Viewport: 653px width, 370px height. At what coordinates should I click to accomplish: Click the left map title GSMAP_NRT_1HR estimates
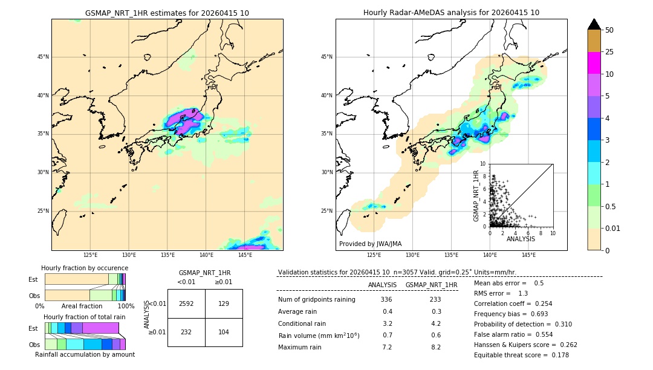click(167, 13)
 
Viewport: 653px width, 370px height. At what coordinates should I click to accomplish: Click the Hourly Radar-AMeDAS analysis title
click(451, 13)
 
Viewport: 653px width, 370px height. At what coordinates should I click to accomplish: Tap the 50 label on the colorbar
click(609, 30)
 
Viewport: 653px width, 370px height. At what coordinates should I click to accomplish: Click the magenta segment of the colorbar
click(594, 63)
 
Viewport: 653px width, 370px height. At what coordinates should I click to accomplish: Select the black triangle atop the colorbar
click(594, 24)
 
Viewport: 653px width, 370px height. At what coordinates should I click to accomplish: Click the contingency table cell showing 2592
click(186, 303)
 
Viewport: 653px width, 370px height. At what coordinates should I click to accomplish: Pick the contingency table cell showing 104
click(224, 333)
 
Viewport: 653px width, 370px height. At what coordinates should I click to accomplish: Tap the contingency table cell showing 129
click(224, 303)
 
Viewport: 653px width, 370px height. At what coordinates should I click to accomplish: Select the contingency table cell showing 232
click(186, 333)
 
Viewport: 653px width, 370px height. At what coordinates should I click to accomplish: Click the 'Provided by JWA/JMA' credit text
click(370, 244)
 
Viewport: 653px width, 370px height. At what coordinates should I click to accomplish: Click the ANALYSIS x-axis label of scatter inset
click(521, 239)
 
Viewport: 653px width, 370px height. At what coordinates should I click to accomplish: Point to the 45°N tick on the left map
click(42, 57)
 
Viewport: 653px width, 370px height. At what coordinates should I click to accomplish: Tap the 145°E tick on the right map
click(528, 255)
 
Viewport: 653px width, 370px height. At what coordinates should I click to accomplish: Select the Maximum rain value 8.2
click(435, 347)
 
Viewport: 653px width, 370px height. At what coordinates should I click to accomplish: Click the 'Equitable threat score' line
click(521, 355)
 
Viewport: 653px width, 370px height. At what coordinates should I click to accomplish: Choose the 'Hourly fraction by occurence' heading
click(85, 268)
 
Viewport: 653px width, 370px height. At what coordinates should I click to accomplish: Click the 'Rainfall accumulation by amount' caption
click(85, 354)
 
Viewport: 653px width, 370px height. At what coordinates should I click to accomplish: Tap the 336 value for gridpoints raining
click(386, 299)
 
